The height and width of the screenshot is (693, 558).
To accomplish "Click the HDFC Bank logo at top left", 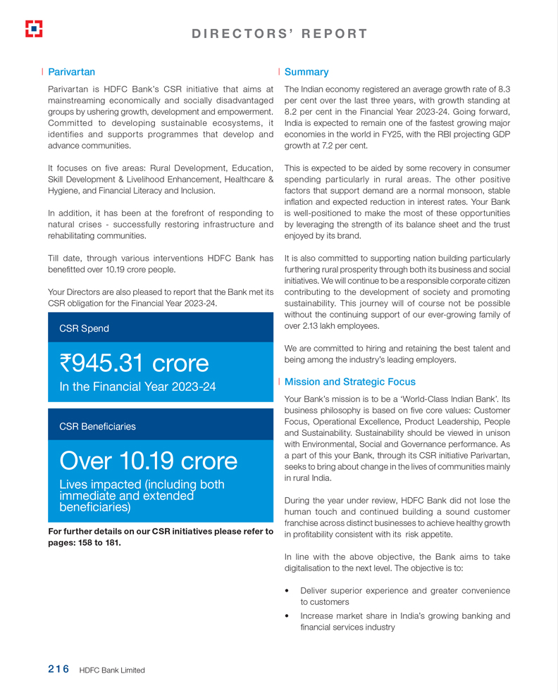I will tap(33, 28).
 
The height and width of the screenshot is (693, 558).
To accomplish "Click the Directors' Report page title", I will tap(279, 33).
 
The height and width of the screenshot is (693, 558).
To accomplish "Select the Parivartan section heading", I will tap(71, 72).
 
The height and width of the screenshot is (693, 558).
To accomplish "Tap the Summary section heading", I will tap(306, 72).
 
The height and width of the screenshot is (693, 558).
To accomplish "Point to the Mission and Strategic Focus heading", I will tap(349, 382).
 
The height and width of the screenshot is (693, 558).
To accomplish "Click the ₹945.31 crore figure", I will tap(135, 363).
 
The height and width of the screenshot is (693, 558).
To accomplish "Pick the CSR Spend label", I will tap(84, 328).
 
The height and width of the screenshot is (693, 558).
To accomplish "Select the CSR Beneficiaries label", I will tap(97, 426).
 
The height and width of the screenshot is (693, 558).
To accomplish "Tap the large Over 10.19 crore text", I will tap(149, 461).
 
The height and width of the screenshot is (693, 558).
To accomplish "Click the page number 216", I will tap(58, 669).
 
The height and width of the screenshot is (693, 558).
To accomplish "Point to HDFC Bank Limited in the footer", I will tap(112, 670).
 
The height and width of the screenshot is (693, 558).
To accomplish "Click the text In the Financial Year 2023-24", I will tap(137, 387).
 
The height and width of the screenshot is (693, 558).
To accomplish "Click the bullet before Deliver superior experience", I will tap(287, 591).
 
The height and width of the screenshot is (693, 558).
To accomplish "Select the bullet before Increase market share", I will tap(287, 616).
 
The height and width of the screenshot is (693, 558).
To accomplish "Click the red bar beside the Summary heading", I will tap(280, 72).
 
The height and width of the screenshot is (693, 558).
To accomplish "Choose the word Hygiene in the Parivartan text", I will tap(63, 190).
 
